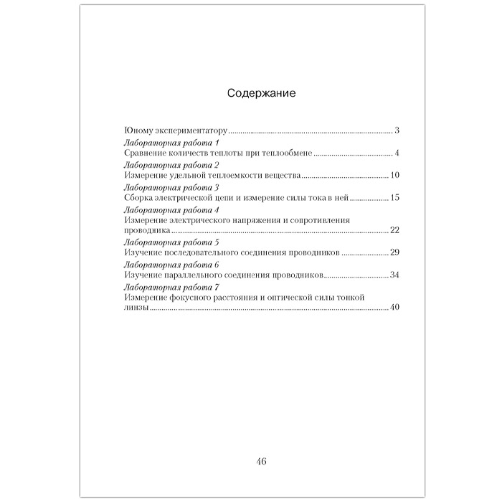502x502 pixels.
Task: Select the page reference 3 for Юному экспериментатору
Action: click(x=397, y=131)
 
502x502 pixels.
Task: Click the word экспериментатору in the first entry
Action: click(x=194, y=132)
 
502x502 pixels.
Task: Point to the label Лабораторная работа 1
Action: click(x=158, y=143)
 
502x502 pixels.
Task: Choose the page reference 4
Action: click(x=397, y=153)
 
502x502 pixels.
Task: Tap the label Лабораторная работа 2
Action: click(x=158, y=165)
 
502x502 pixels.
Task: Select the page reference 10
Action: click(x=394, y=175)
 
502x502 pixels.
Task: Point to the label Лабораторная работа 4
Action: click(x=158, y=209)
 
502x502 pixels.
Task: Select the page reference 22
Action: click(x=394, y=230)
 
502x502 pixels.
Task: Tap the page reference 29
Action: click(x=394, y=252)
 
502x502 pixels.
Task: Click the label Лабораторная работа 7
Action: click(x=158, y=286)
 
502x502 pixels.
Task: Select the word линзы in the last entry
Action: click(x=136, y=308)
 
